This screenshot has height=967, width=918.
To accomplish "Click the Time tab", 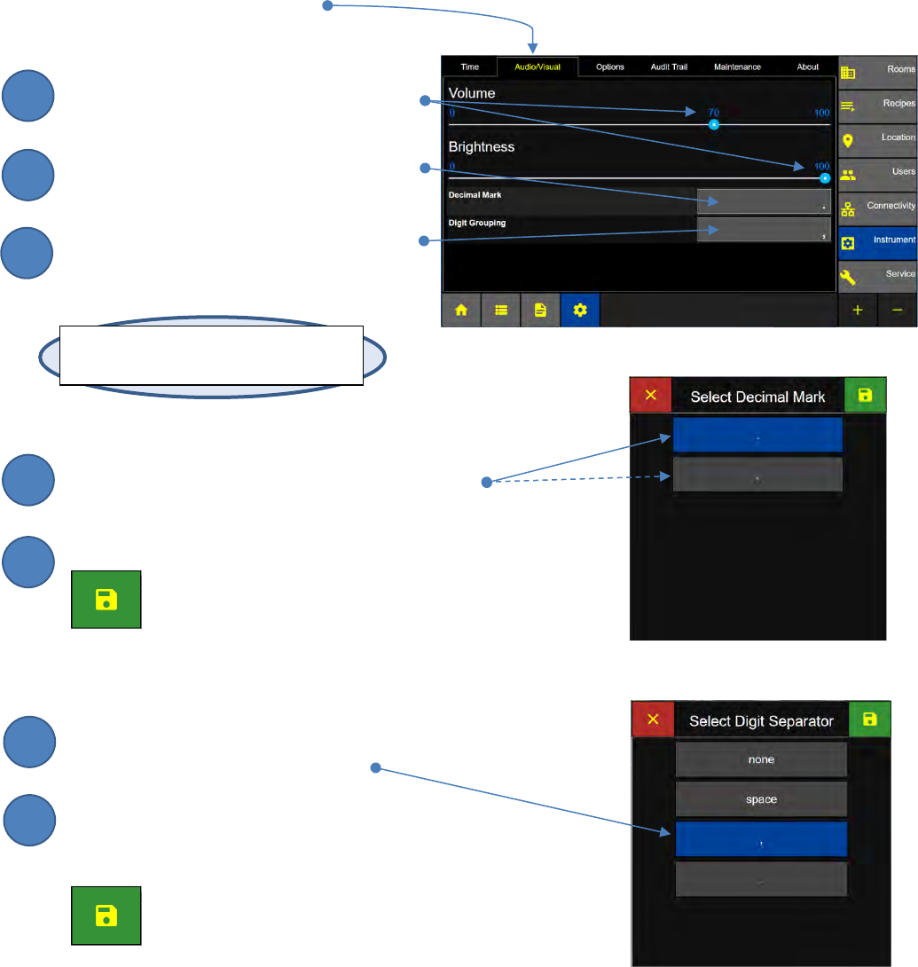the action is (x=469, y=67).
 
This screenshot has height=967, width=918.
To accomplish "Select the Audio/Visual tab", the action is (x=537, y=67).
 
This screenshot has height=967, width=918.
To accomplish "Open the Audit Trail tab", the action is (x=669, y=67).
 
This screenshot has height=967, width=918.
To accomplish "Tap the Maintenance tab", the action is (x=737, y=67).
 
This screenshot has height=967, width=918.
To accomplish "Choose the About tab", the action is (x=807, y=67).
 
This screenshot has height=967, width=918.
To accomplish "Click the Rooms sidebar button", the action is (x=877, y=71).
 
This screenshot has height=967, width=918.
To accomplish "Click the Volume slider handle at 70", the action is (x=713, y=125).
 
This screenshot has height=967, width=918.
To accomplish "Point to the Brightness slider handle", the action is (x=825, y=177).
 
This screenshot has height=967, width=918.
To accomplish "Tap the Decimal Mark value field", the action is (x=764, y=201).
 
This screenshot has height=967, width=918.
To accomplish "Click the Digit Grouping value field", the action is (x=764, y=231).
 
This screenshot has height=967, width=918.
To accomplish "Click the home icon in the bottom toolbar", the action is (x=461, y=311).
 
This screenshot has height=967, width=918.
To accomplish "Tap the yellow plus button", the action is (x=858, y=311).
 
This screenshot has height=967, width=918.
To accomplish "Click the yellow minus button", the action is (x=898, y=311).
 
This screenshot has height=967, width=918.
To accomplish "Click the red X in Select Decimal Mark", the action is (x=651, y=395).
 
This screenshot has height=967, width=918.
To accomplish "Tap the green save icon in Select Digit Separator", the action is (x=869, y=719).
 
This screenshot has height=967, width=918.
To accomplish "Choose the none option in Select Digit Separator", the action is (x=761, y=759).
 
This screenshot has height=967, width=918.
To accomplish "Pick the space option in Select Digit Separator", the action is (x=761, y=799).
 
